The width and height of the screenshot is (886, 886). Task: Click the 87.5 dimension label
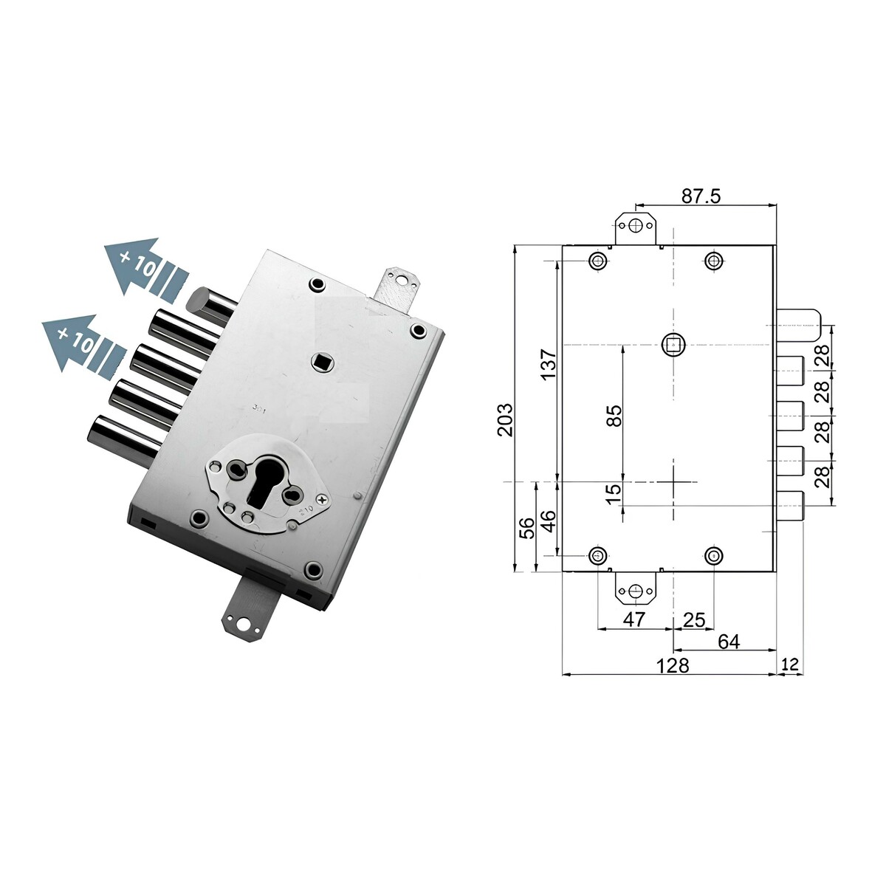tap(701, 196)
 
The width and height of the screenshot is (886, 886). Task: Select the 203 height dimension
tap(504, 419)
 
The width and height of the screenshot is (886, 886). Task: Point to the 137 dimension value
tap(548, 364)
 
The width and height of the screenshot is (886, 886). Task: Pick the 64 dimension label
tap(729, 642)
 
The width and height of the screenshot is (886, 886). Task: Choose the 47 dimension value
tap(634, 619)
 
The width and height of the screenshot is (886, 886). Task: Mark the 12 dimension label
tap(790, 664)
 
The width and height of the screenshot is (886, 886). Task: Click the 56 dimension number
tap(527, 528)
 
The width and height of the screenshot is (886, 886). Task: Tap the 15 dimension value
tap(614, 494)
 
